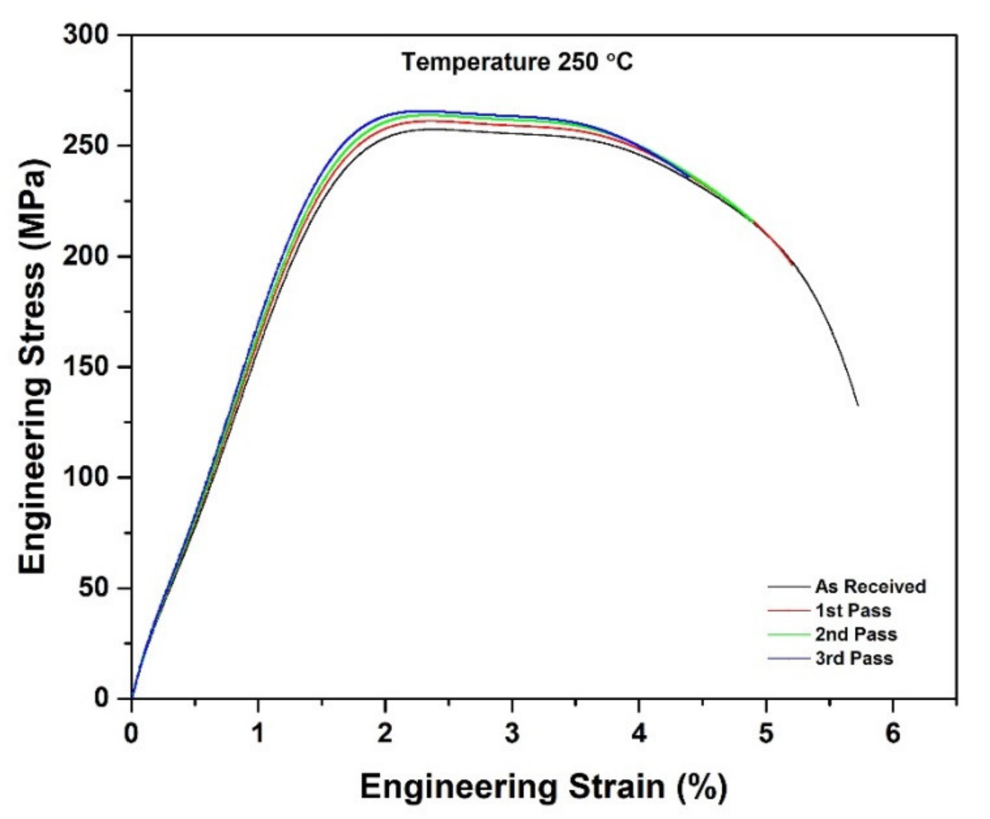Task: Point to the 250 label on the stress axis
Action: point(86,146)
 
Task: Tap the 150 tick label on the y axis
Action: point(86,367)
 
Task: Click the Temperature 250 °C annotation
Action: point(517,62)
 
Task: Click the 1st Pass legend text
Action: point(853,610)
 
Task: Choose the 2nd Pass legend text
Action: point(856,634)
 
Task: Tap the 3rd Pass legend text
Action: point(854,658)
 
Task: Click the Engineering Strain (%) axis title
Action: point(543,787)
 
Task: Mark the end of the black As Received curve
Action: point(858,406)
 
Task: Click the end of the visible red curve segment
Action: point(792,265)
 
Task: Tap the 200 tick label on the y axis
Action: point(86,257)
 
